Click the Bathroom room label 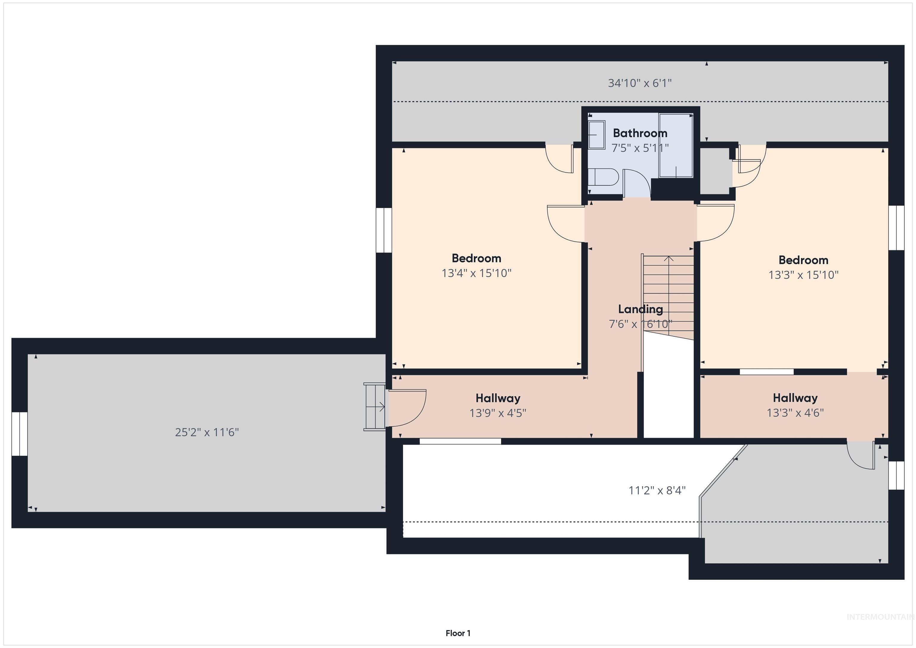[x=640, y=133]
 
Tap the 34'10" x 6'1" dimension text [x=640, y=83]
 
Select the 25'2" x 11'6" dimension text [x=207, y=432]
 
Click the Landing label [x=640, y=309]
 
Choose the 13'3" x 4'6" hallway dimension [x=795, y=413]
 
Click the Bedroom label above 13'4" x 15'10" [x=476, y=258]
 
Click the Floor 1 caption [x=458, y=633]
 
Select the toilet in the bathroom [x=603, y=177]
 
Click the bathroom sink [x=597, y=135]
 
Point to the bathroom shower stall [x=676, y=145]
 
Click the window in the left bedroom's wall [x=384, y=230]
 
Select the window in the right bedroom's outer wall [x=896, y=228]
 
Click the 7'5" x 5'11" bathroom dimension [x=640, y=148]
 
